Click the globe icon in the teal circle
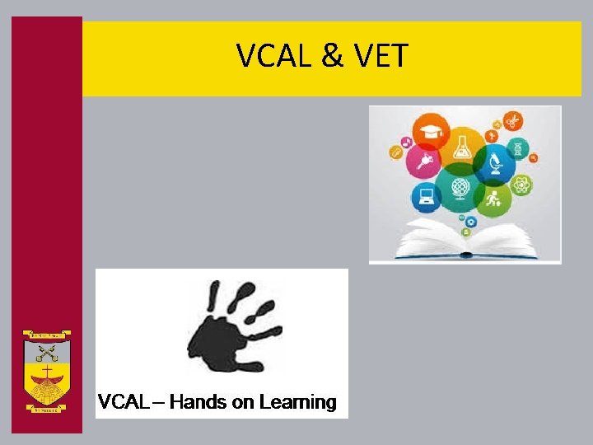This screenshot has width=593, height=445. pyautogui.click(x=460, y=188)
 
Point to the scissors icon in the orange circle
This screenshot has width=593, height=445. pyautogui.click(x=512, y=120)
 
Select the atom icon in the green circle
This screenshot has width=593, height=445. pyautogui.click(x=521, y=185)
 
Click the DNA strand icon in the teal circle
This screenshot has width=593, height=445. pyautogui.click(x=518, y=149)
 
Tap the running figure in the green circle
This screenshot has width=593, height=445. pyautogui.click(x=494, y=199)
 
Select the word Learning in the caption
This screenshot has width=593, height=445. pyautogui.click(x=297, y=402)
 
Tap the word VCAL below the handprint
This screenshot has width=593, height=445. pyautogui.click(x=124, y=402)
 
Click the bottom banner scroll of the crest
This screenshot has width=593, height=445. pyautogui.click(x=46, y=407)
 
